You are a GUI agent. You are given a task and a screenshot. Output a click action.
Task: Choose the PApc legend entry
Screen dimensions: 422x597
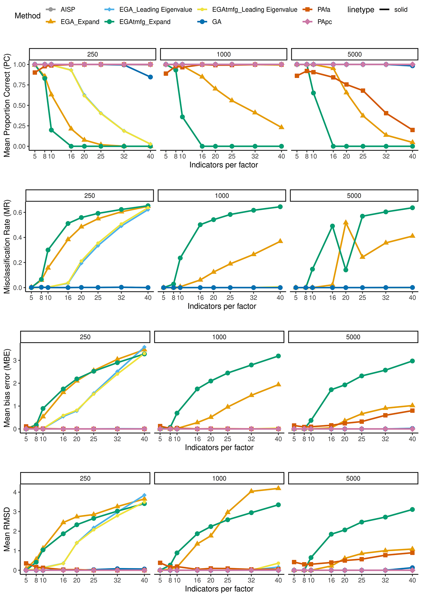(317, 22)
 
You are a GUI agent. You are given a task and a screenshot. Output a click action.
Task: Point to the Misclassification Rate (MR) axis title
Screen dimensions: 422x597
(7, 247)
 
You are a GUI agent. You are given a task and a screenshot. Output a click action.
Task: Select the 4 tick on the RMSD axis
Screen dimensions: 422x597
(16, 492)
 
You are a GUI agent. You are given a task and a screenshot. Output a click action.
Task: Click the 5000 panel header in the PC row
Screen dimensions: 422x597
(354, 54)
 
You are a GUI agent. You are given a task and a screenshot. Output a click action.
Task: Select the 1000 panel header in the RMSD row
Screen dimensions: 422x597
(219, 478)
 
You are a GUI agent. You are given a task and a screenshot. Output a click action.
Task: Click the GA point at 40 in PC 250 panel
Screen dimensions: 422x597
(150, 77)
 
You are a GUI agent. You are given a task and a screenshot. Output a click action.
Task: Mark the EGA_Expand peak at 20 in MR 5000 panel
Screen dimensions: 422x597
(346, 223)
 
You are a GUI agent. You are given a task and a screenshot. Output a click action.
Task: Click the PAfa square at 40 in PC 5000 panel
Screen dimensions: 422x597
(412, 130)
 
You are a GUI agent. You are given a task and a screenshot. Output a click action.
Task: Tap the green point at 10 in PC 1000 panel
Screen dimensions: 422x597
(182, 117)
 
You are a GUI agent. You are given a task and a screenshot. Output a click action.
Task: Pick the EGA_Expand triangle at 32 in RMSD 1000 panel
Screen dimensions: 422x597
(251, 491)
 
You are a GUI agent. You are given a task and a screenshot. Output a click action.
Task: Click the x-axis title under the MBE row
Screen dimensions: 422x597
(219, 448)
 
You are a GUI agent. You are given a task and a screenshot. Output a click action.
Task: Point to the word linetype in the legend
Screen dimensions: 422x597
(361, 10)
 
